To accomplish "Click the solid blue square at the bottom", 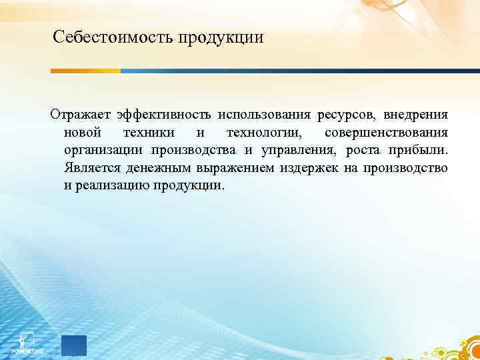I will (x=74, y=346).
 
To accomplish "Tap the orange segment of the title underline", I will (x=86, y=71).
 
